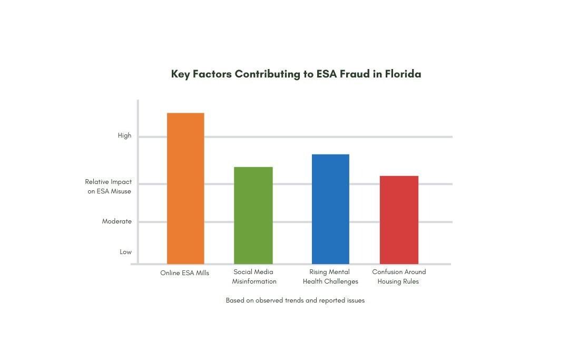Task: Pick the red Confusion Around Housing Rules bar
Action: [399, 220]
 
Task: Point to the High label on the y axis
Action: [124, 136]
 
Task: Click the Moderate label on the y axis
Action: [117, 222]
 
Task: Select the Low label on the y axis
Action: [125, 252]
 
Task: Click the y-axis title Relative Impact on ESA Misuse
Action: [109, 187]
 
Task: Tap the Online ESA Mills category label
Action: [185, 273]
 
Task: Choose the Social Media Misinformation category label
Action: [254, 277]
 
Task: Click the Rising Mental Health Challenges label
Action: [330, 277]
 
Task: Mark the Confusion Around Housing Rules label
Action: [399, 277]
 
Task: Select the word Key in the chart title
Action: [181, 74]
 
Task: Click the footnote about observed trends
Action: [295, 300]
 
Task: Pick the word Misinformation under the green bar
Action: [254, 281]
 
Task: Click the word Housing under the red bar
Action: [391, 281]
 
